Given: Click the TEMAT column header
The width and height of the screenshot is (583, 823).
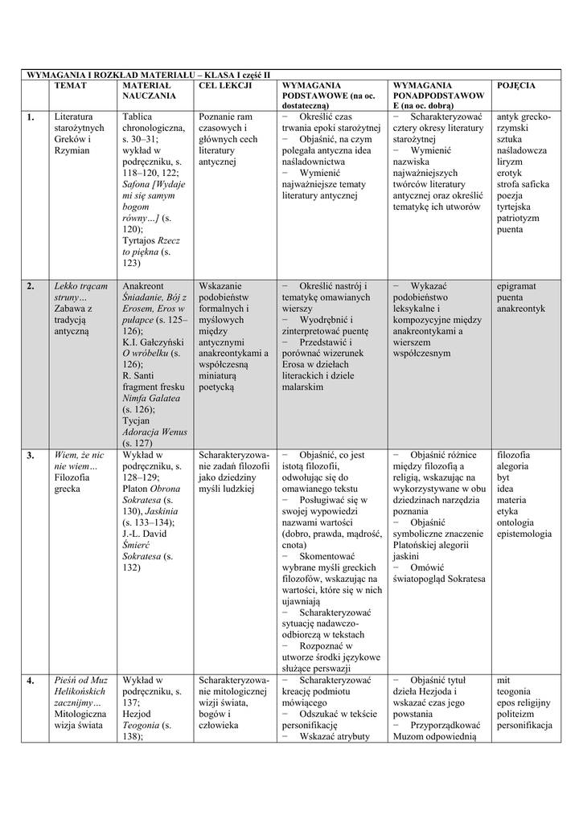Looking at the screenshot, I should pos(70,84).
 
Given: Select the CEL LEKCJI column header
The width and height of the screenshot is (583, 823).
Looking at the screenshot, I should pos(225,84).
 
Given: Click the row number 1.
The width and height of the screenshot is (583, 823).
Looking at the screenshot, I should pos(30,117).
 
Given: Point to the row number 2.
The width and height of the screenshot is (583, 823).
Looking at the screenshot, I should pos(30,285).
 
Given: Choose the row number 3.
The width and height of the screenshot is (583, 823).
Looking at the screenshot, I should pos(30,455).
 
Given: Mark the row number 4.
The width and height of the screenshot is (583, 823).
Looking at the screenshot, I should pos(30,680).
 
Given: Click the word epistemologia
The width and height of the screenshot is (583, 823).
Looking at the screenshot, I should pos(524,534).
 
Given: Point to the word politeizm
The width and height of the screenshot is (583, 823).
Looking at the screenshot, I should pos(518,714).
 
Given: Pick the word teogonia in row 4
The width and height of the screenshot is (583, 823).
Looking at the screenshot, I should pos(514,691).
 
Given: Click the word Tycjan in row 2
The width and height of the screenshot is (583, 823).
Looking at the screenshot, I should pos(137,420).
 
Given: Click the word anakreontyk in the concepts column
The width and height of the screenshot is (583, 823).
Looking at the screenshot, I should pos(522,308).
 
